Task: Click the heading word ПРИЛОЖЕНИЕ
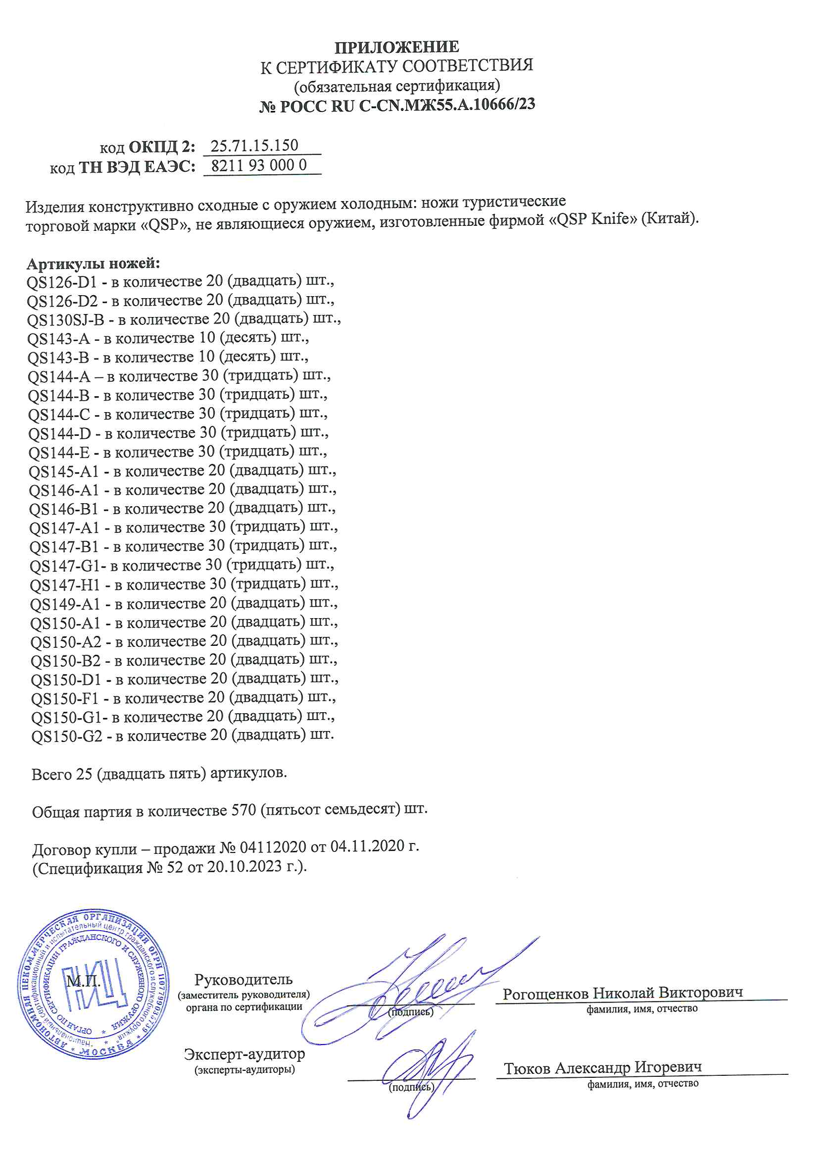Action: [397, 47]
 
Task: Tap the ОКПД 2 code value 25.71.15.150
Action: [254, 146]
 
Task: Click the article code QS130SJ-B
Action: [65, 320]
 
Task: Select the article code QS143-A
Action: [58, 339]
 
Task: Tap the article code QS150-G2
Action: [66, 737]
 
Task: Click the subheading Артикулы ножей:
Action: [93, 264]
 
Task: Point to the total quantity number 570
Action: [244, 810]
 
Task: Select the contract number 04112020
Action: [273, 847]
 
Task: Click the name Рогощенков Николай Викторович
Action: [623, 993]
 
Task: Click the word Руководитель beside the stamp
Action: [243, 980]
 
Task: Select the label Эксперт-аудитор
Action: [244, 1054]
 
